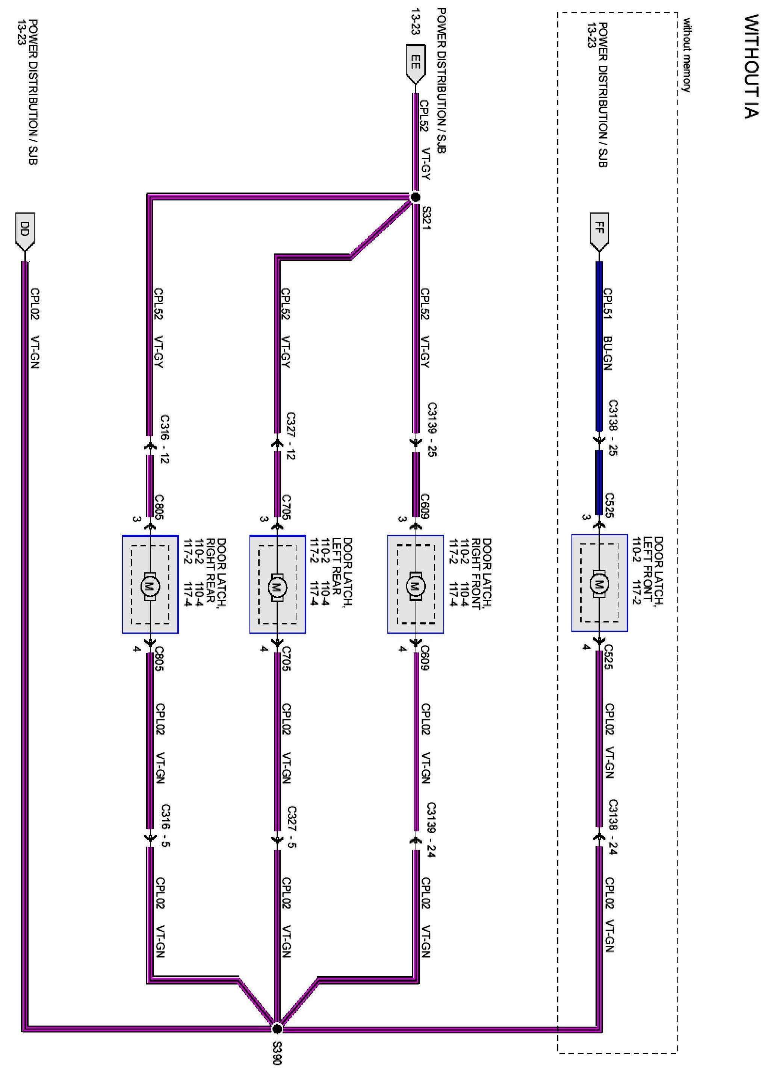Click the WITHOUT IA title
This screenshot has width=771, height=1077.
coord(751,66)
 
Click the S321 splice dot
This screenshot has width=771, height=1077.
coord(415,197)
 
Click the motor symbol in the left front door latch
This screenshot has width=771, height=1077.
coord(599,584)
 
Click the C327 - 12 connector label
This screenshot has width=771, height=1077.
coord(290,436)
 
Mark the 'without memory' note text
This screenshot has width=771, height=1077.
coord(686,55)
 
